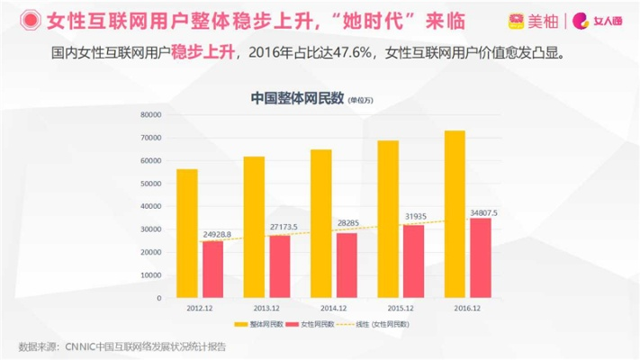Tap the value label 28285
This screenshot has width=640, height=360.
tap(348, 222)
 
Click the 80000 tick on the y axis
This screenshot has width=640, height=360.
tap(149, 115)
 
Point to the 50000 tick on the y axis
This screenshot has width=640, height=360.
tap(149, 184)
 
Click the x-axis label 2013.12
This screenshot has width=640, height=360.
tap(266, 307)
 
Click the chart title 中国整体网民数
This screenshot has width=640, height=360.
tap(297, 98)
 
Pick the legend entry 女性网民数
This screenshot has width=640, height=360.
tap(317, 324)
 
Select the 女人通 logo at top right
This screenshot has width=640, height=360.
tap(598, 19)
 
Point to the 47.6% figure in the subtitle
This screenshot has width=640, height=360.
tap(350, 53)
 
